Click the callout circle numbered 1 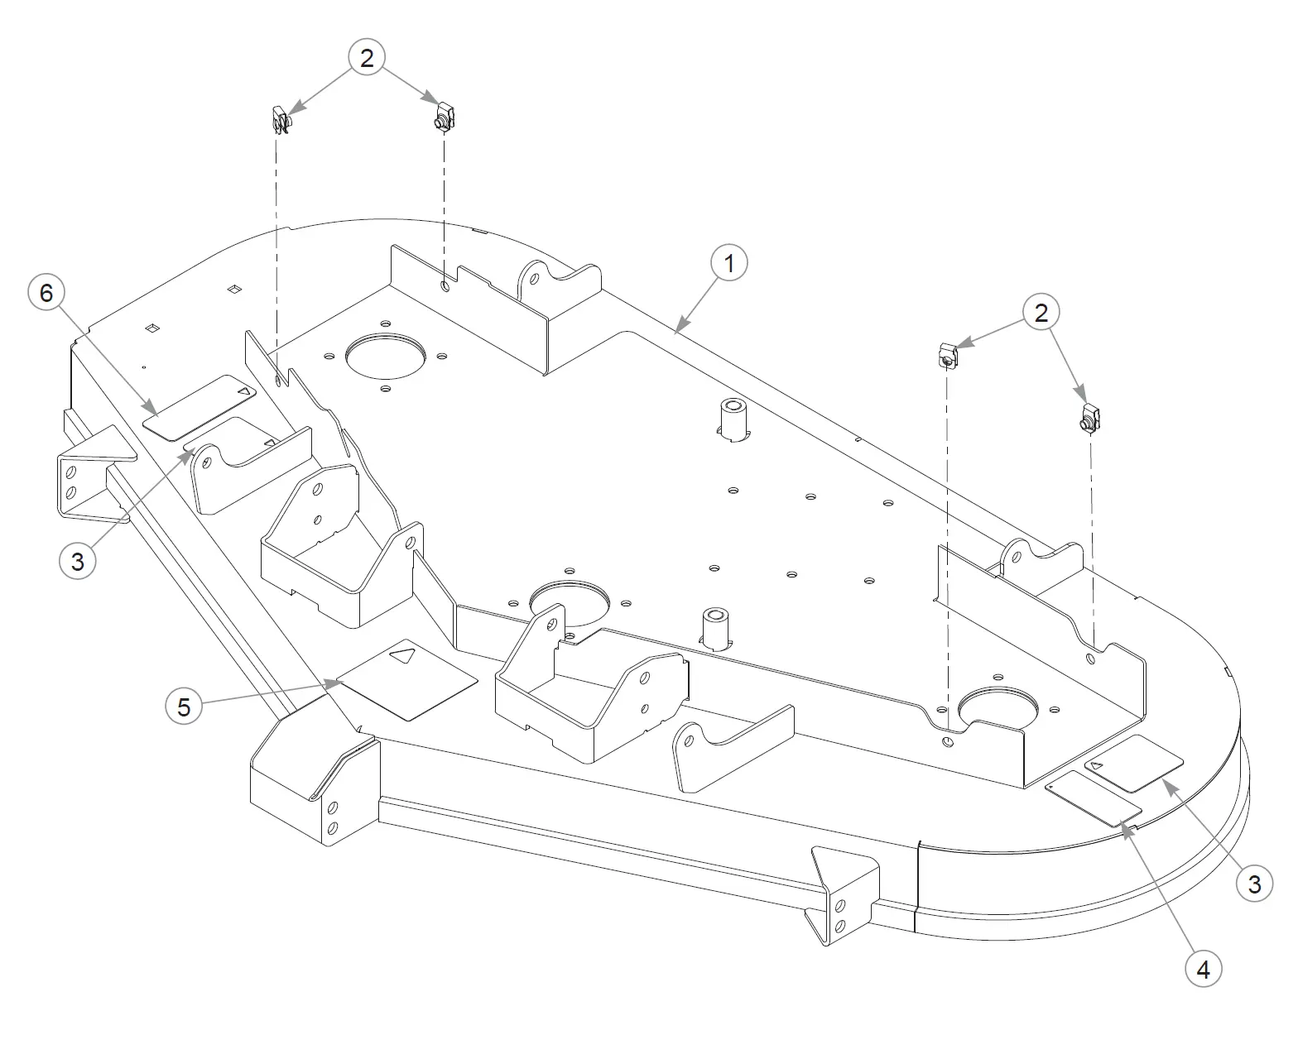[x=728, y=262]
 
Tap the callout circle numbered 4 [x=1204, y=969]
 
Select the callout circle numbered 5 [x=184, y=706]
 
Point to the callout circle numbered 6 [x=47, y=292]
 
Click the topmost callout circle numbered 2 [x=367, y=57]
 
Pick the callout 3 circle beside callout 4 [x=1254, y=884]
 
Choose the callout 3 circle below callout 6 [x=77, y=561]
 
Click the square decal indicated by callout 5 [x=406, y=679]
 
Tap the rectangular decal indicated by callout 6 [x=200, y=407]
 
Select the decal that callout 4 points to [x=1094, y=799]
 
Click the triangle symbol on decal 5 [x=403, y=656]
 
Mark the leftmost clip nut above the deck [x=281, y=120]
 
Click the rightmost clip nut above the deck [x=1091, y=418]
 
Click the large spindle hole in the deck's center [x=570, y=603]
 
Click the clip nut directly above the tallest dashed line [x=947, y=355]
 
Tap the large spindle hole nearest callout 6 [x=385, y=357]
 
